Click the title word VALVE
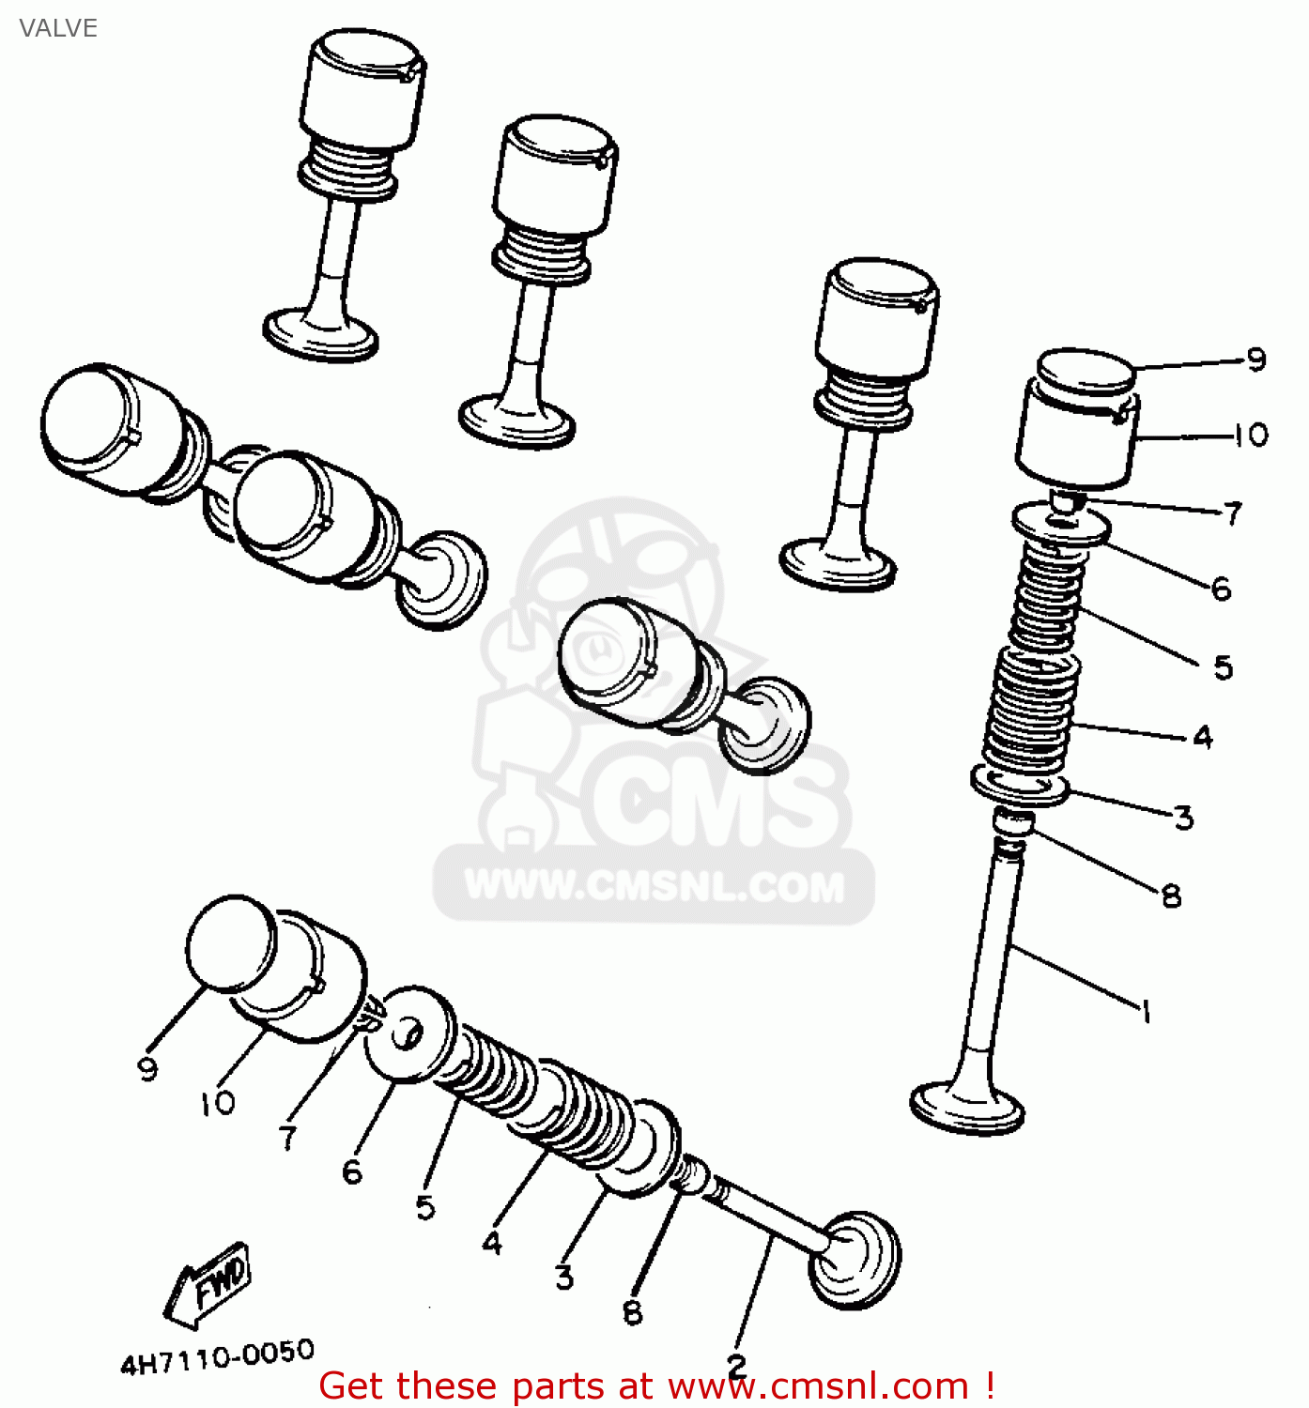(58, 28)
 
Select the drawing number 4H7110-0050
(217, 1356)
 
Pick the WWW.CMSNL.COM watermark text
(654, 886)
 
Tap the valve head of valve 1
(967, 1108)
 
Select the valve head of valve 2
(855, 1258)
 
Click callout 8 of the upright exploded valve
(1171, 895)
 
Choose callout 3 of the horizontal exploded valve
(563, 1277)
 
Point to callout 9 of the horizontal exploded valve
(147, 1068)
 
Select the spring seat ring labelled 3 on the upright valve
(1020, 785)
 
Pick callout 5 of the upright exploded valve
(1223, 667)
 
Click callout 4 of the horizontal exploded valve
(492, 1243)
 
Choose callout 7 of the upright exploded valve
(1233, 513)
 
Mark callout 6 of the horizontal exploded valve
(352, 1171)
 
